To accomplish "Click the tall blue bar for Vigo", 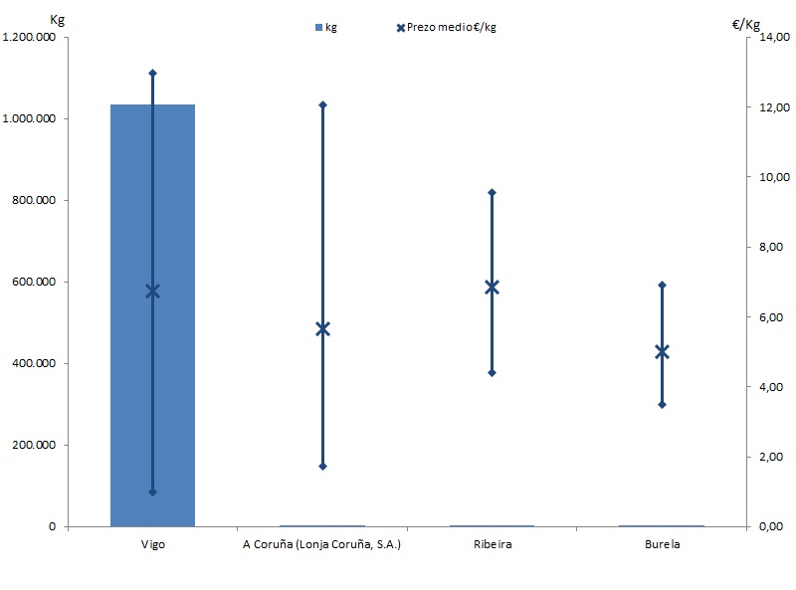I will pos(129,318).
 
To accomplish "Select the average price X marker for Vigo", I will pos(152,291).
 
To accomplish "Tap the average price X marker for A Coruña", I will pos(322,328).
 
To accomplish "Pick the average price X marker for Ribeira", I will pos(492,287).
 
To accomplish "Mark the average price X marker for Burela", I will pos(661,351).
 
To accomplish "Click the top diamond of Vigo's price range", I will pos(152,73).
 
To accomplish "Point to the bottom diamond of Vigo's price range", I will pos(152,492).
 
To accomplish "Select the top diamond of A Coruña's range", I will pos(322,104).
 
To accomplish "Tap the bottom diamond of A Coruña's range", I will pos(322,466).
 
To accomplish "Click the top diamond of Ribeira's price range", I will pos(492,192).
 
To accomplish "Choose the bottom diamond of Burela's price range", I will pos(661,404).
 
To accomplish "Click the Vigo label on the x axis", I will pos(152,545).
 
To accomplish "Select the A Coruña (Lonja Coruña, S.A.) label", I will pos(321,545).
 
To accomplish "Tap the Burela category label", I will pos(661,545).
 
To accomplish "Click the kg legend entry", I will pos(325,27).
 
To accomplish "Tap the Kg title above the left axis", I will pos(57,19).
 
